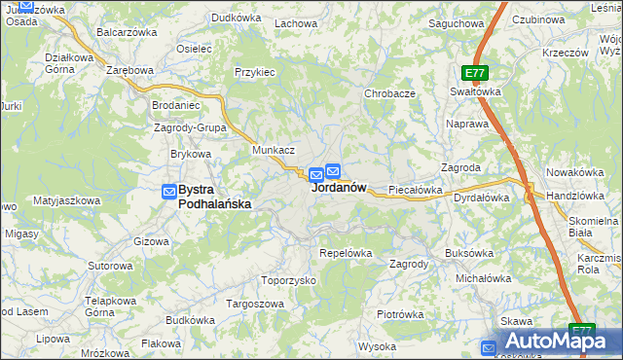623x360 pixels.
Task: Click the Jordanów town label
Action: [x=339, y=188]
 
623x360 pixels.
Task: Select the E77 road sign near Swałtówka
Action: [x=474, y=73]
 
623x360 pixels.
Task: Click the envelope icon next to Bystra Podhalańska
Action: [x=169, y=192]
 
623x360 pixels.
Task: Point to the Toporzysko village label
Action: [x=290, y=280]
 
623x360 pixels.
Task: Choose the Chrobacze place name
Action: [x=390, y=93]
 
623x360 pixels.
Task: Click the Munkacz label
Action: [x=274, y=151]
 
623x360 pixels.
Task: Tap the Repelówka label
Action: [x=346, y=253]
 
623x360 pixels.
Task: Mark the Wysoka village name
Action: [x=377, y=346]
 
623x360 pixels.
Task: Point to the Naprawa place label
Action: [x=466, y=125]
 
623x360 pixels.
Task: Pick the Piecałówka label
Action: [x=416, y=190]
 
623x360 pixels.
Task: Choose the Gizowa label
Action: [x=152, y=240]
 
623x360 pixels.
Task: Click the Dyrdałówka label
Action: [x=482, y=198]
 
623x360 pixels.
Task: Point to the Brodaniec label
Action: [x=176, y=104]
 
